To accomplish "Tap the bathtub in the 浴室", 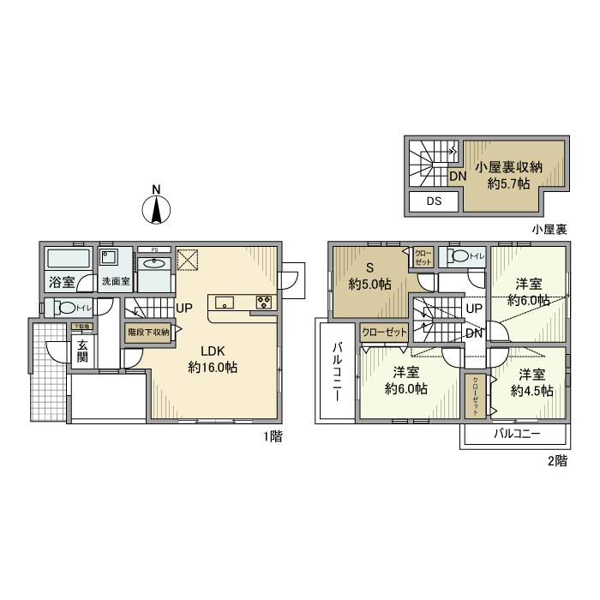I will [66, 260].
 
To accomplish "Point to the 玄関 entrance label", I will [83, 351].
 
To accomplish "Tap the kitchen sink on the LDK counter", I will [225, 301].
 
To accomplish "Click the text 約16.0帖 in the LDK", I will [213, 367].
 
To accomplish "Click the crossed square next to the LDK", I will [188, 260].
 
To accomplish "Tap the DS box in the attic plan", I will [434, 202].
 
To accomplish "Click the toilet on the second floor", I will [459, 255].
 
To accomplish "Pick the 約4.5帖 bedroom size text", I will [531, 391].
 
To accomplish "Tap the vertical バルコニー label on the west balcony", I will [338, 371].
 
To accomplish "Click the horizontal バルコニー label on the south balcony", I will [516, 435].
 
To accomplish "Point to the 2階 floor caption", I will [556, 460].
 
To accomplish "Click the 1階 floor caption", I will [273, 436].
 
